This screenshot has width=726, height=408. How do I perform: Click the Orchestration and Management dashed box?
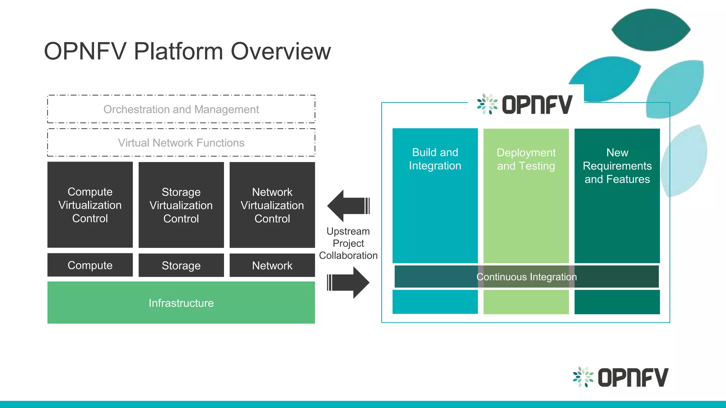181,109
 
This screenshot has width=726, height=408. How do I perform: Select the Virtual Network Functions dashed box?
181,142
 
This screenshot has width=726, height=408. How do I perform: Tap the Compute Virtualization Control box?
90,205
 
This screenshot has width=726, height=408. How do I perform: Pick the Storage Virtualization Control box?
181,205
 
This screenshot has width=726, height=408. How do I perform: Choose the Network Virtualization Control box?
272,205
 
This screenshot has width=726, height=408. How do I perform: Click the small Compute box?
90,265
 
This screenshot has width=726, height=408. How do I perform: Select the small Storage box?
181,265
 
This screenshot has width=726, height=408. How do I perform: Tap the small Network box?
272,265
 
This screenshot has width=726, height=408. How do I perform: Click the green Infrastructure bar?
181,302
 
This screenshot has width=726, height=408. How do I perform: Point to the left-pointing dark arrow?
347,206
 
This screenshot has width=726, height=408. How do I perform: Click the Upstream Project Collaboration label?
348,243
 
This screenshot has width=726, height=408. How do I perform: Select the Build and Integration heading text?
435,159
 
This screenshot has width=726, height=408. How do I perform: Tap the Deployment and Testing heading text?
526,159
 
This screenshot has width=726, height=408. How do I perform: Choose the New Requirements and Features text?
617,166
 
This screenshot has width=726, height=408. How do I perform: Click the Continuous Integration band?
526,277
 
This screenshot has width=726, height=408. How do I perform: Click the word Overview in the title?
281,51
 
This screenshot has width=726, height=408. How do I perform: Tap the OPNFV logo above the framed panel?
525,104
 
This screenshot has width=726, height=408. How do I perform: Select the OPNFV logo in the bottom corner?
621,377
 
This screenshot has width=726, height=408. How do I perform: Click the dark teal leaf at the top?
651,30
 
